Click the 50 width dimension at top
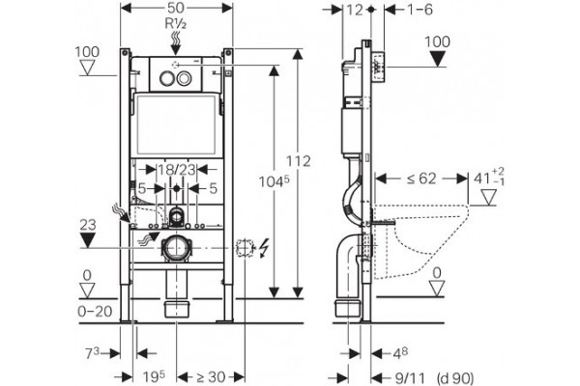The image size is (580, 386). [x=177, y=9]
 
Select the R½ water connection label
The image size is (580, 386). [x=175, y=24]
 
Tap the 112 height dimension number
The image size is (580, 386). [x=298, y=161]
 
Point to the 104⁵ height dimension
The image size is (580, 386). [x=274, y=180]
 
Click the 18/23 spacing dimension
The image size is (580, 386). [x=177, y=170]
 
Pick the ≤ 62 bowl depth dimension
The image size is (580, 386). [x=421, y=179]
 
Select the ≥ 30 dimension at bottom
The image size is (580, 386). [x=211, y=377]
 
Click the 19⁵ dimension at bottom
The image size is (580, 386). [x=154, y=376]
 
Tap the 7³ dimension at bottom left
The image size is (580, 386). [x=93, y=353]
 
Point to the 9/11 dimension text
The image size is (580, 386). [x=410, y=378]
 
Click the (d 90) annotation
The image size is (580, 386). [x=455, y=378]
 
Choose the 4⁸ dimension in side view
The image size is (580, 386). [x=400, y=353]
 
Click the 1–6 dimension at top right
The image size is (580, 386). [x=420, y=10]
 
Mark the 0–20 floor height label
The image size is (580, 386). [x=95, y=312]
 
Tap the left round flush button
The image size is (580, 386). [x=166, y=78]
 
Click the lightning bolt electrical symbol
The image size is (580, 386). [x=265, y=248]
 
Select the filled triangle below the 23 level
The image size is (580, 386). [x=88, y=240]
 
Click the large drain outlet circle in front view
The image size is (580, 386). [x=177, y=248]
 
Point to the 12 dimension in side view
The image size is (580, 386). [x=355, y=10]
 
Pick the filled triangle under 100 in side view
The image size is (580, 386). [x=438, y=59]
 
